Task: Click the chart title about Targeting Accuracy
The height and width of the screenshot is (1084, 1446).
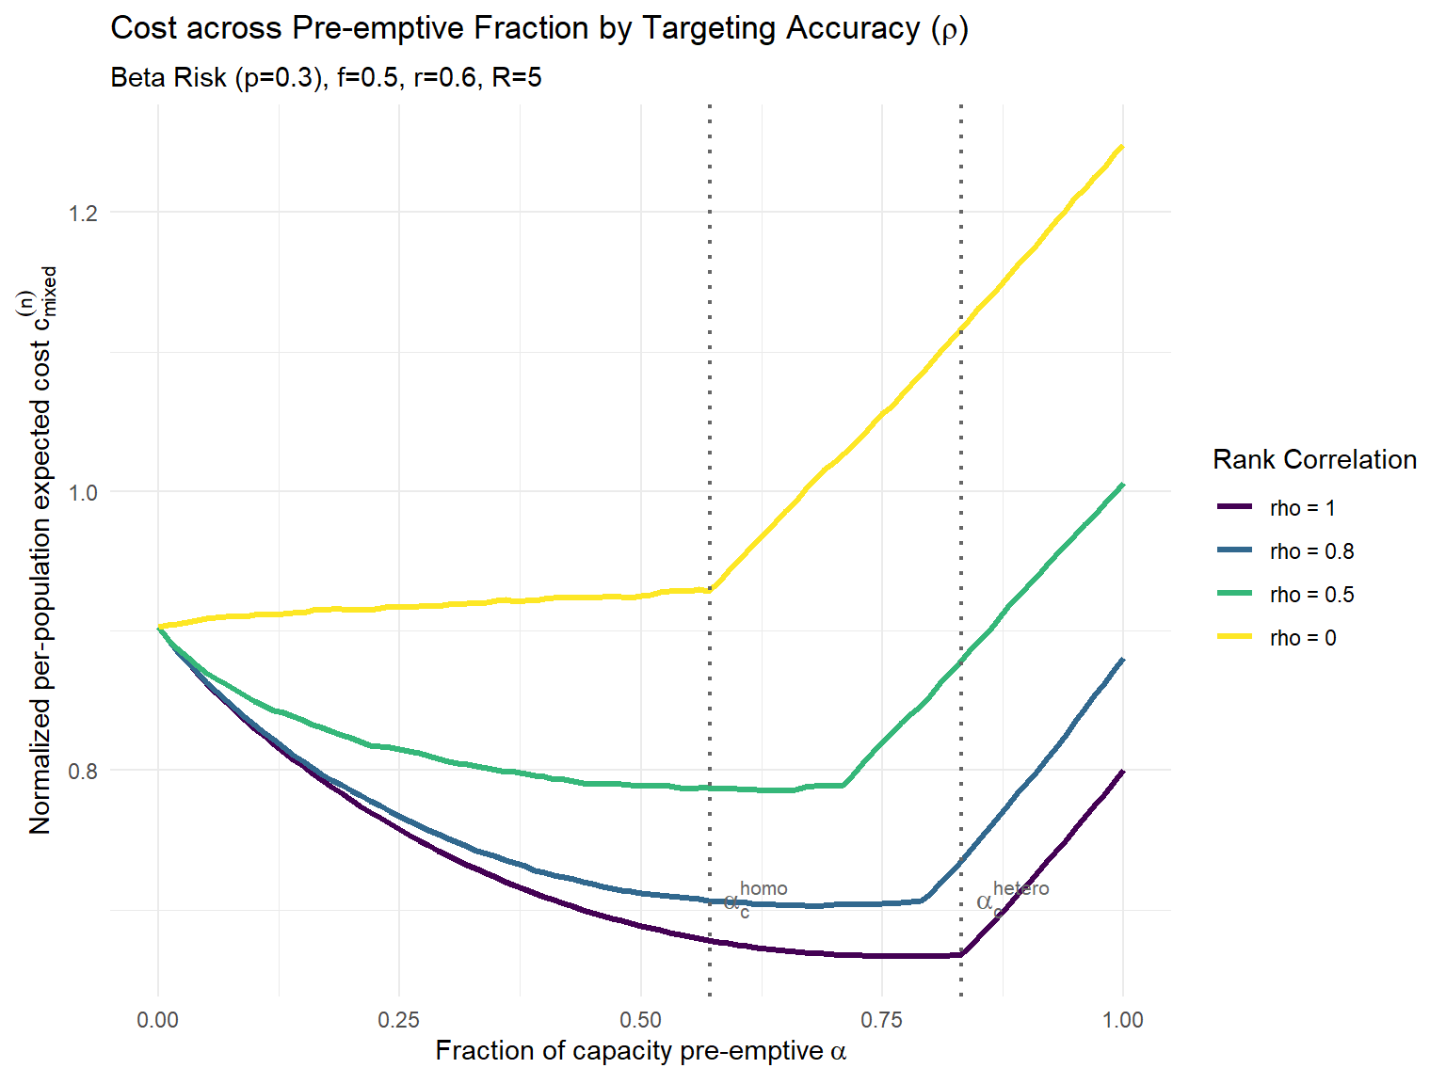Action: pos(539,28)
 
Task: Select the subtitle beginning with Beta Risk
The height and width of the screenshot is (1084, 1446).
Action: pos(326,77)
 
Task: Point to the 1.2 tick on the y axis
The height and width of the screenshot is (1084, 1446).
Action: pos(83,213)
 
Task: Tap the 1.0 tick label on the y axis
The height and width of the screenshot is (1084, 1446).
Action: pos(83,492)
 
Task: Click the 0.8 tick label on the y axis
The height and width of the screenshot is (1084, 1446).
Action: pos(83,772)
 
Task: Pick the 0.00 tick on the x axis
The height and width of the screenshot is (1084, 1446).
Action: pos(158,1020)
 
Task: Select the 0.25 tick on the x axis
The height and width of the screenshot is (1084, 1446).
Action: pos(399,1020)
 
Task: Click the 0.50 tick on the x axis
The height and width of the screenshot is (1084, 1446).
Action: pos(641,1020)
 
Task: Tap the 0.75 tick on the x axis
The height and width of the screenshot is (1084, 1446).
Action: pos(882,1020)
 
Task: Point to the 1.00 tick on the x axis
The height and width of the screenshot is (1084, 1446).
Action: pos(1123,1020)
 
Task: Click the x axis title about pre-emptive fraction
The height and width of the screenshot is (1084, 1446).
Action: pos(641,1051)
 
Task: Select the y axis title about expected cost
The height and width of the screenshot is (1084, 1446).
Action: pos(42,550)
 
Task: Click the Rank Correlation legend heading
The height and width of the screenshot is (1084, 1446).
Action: pos(1314,459)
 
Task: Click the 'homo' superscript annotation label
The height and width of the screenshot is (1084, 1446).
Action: pos(763,888)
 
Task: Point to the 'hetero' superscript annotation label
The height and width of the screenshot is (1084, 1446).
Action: pos(1020,888)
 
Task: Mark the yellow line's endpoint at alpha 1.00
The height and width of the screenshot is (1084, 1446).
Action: pos(1122,147)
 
